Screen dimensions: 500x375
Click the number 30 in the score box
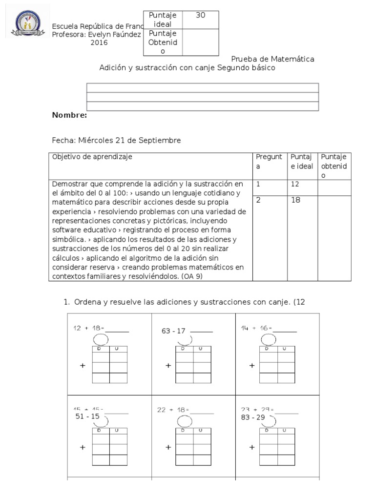pyautogui.click(x=200, y=15)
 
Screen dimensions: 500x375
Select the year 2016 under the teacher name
pyautogui.click(x=99, y=42)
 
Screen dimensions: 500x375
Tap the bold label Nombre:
pyautogui.click(x=69, y=115)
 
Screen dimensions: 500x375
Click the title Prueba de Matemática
pyautogui.click(x=272, y=59)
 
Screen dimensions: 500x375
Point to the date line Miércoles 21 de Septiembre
pyautogui.click(x=116, y=140)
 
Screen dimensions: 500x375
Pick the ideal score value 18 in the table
pyautogui.click(x=296, y=200)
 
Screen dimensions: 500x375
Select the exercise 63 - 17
pyautogui.click(x=173, y=331)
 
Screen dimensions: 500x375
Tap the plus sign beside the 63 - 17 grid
pyautogui.click(x=168, y=365)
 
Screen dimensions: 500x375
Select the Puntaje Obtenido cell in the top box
pyautogui.click(x=163, y=42)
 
